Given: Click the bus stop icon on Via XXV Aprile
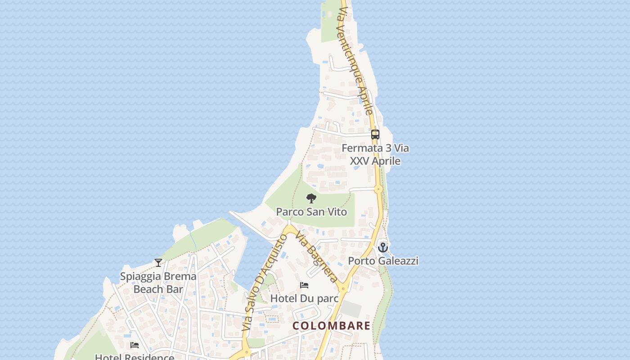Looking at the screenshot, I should coord(375,134).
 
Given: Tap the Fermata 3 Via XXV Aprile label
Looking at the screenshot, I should coord(375,154).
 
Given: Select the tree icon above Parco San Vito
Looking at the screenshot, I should coord(311,198).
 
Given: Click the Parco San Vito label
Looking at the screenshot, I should coord(311,211).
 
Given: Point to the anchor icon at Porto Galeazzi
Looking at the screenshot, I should coord(383,247).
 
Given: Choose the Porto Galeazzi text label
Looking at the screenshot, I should coord(383,261).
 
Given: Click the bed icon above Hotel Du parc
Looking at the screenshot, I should coord(304,285).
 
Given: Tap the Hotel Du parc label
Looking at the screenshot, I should coord(304,298).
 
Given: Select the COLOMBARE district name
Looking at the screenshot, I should coord(332,326).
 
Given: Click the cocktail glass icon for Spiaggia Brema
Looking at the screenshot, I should coord(158,263).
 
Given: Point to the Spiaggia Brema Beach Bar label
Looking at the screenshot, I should coord(158,283).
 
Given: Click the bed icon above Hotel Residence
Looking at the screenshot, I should coord(135,345).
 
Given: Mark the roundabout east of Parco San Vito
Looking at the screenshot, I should coord(378,189).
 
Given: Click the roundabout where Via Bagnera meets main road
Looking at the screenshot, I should coord(343,288).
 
